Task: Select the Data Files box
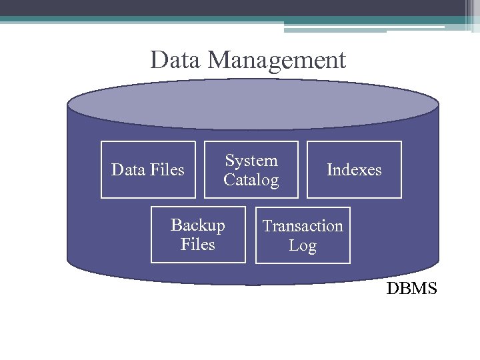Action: [148, 170]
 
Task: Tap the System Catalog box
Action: [251, 170]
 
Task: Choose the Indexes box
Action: [354, 170]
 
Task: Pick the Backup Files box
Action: [198, 235]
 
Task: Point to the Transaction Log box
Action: [303, 235]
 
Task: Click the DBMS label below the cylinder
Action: [412, 289]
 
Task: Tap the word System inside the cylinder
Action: [251, 161]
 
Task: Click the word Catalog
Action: [251, 180]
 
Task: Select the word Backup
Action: [198, 225]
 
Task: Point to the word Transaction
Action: [303, 226]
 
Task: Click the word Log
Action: [303, 245]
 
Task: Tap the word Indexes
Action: [354, 170]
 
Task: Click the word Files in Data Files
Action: [167, 170]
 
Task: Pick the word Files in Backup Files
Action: [198, 245]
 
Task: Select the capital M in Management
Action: [219, 60]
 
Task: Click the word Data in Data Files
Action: [127, 170]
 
